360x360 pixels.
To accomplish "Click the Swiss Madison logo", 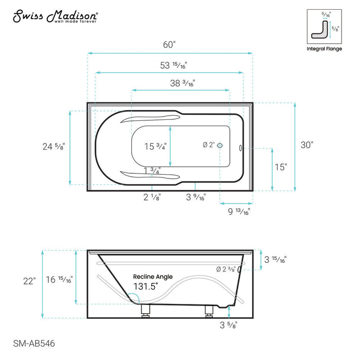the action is [x=56, y=16].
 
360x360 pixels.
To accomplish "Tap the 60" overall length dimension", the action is [x=169, y=45].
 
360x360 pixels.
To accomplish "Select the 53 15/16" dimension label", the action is [x=173, y=65].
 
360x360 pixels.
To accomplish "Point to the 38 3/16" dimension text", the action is [x=183, y=83].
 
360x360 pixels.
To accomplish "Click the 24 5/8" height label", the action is [x=53, y=147].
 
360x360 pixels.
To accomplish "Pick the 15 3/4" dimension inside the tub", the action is [x=155, y=147].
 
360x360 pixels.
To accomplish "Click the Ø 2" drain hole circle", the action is [x=220, y=146].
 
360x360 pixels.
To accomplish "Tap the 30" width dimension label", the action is [x=307, y=145].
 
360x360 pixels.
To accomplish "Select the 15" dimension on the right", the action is [x=281, y=167].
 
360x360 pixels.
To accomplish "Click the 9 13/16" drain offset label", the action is [x=239, y=211].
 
